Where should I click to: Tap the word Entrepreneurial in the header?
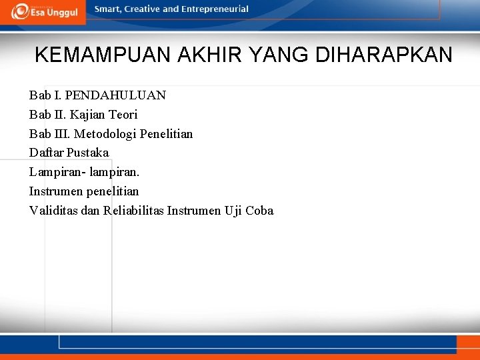coord(215,9)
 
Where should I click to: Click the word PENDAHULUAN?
coord(115,95)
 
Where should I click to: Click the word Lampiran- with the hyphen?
coord(57,172)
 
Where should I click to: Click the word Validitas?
coord(53,211)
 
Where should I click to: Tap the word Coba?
coord(259,211)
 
